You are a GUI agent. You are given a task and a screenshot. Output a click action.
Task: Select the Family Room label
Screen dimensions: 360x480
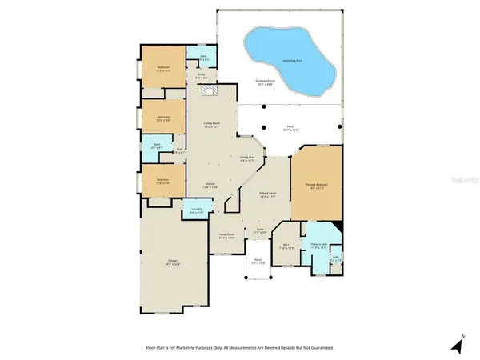[210, 126]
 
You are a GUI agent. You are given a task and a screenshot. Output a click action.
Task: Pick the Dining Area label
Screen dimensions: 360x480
[247, 159]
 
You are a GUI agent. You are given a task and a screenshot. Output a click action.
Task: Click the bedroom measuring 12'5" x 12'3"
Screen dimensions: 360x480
[162, 68]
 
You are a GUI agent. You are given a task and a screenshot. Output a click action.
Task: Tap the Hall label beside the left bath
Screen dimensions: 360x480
[181, 151]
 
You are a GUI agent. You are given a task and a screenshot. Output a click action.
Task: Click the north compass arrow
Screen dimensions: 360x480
[457, 346]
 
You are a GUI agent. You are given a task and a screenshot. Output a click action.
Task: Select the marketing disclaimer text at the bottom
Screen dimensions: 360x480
[240, 348]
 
